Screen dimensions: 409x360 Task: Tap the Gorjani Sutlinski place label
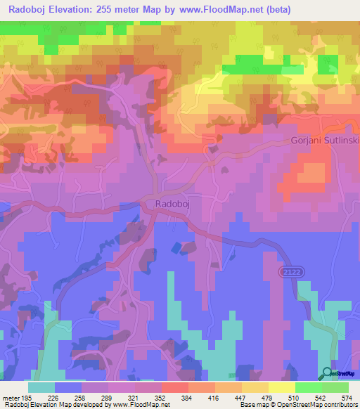[x=324, y=141]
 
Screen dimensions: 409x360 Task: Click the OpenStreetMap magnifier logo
[x=328, y=374]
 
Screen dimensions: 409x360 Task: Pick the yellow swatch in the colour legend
[x=281, y=387]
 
